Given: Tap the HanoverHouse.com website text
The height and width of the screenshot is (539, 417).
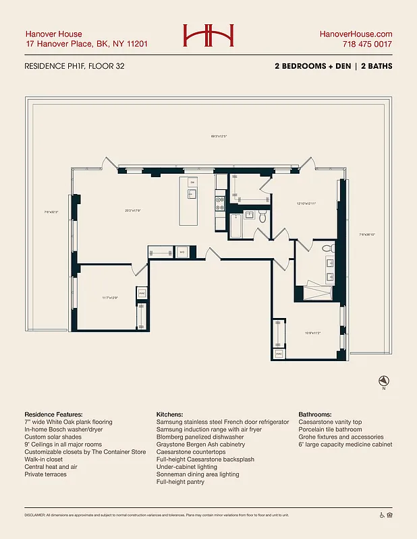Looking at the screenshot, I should tap(356, 34).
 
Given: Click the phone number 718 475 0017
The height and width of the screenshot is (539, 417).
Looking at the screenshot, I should tap(365, 44).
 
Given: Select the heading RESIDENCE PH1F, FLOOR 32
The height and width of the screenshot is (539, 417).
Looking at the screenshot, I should tap(74, 67).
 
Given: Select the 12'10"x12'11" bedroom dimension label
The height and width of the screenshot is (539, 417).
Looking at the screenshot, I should tap(307, 203).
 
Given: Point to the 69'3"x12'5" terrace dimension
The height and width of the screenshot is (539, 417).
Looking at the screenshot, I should tap(219, 137).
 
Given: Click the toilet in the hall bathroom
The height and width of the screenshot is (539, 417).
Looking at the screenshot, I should tap(263, 216).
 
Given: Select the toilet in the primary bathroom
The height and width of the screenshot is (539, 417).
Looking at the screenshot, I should tap(327, 249).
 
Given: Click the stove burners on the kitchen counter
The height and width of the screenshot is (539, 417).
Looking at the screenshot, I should tap(220, 200).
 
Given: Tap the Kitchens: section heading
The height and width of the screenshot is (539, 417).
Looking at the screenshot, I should tap(171, 414).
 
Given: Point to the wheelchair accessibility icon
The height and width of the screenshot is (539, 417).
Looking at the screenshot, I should tap(381, 515).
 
